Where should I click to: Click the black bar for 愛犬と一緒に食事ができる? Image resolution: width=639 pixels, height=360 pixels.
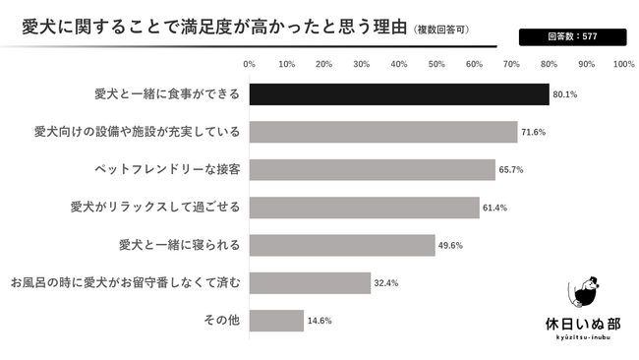(398, 94)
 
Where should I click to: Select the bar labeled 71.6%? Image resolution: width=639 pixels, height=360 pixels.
(382, 132)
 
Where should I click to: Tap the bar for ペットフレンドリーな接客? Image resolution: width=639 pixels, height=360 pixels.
(372, 169)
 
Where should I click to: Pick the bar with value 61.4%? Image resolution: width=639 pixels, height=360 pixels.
(364, 208)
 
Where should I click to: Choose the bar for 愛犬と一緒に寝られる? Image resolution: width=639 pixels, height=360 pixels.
(341, 245)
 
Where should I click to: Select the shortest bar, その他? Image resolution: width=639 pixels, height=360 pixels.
(276, 321)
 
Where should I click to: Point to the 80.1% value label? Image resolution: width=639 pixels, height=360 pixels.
(564, 94)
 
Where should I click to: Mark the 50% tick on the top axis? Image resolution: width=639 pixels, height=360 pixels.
(436, 64)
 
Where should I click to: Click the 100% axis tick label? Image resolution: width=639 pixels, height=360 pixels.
(623, 64)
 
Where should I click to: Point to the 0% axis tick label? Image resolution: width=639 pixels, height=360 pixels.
(249, 64)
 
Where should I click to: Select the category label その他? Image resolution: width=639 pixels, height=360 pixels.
(222, 321)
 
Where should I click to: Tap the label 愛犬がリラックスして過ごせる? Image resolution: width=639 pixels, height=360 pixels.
(155, 208)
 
